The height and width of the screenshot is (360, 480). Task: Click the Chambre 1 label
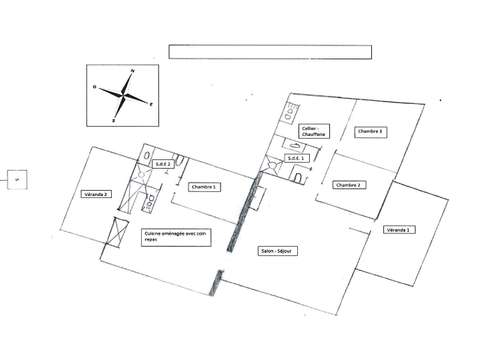(203, 186)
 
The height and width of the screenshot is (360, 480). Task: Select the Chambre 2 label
(347, 185)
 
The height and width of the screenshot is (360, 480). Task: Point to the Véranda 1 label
(399, 230)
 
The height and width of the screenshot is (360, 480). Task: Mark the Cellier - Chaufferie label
(316, 131)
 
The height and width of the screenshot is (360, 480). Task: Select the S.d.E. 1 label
(297, 158)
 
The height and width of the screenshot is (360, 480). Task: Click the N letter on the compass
(133, 71)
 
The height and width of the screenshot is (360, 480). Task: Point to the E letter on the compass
(150, 103)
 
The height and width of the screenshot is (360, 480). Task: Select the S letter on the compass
(114, 119)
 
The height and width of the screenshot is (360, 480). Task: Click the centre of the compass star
(123, 95)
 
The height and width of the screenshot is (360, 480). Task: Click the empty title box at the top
(269, 52)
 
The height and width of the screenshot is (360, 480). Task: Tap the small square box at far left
(16, 179)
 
